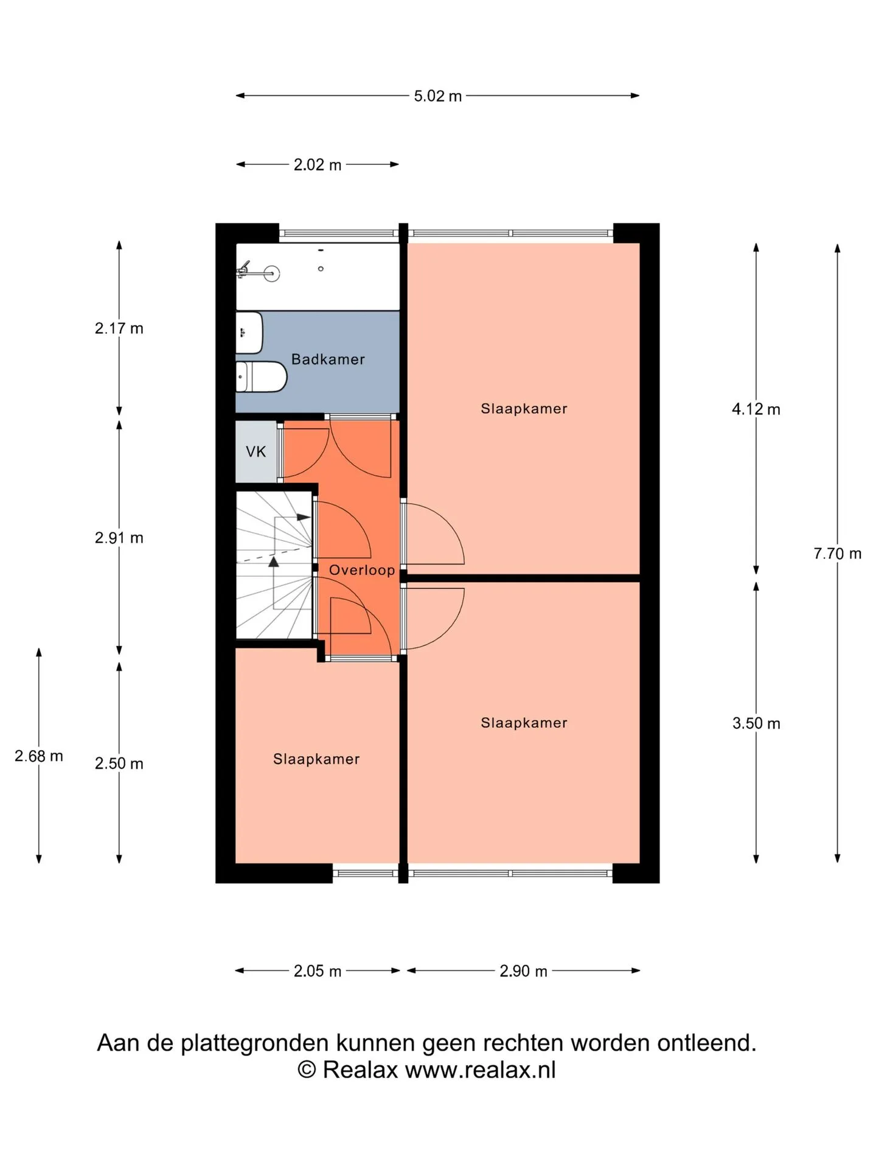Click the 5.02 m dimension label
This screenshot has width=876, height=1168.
[x=437, y=96]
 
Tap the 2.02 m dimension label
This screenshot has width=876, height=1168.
[x=318, y=165]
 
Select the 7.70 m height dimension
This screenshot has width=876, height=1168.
[x=838, y=554]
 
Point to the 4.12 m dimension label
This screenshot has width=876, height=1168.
[x=756, y=409]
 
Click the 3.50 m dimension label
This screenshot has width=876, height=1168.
[x=756, y=723]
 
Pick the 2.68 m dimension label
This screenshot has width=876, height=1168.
[x=39, y=756]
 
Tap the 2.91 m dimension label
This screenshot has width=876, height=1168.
[x=119, y=538]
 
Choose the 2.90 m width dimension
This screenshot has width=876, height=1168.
[x=523, y=971]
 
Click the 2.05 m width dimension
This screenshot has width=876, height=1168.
[x=318, y=971]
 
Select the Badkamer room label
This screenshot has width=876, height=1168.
[x=328, y=360]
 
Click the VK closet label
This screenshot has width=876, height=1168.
[x=256, y=451]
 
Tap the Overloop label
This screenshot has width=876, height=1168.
[x=362, y=570]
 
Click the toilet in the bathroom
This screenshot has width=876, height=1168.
[x=261, y=377]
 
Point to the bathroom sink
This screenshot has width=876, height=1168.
[x=249, y=333]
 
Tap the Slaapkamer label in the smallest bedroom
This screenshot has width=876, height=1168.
[x=316, y=759]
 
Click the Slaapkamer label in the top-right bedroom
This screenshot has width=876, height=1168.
[x=524, y=409]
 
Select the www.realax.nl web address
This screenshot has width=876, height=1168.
[x=481, y=1086]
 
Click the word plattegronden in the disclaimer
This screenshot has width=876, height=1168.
[x=255, y=1060]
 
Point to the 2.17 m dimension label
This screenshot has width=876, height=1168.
[x=119, y=328]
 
